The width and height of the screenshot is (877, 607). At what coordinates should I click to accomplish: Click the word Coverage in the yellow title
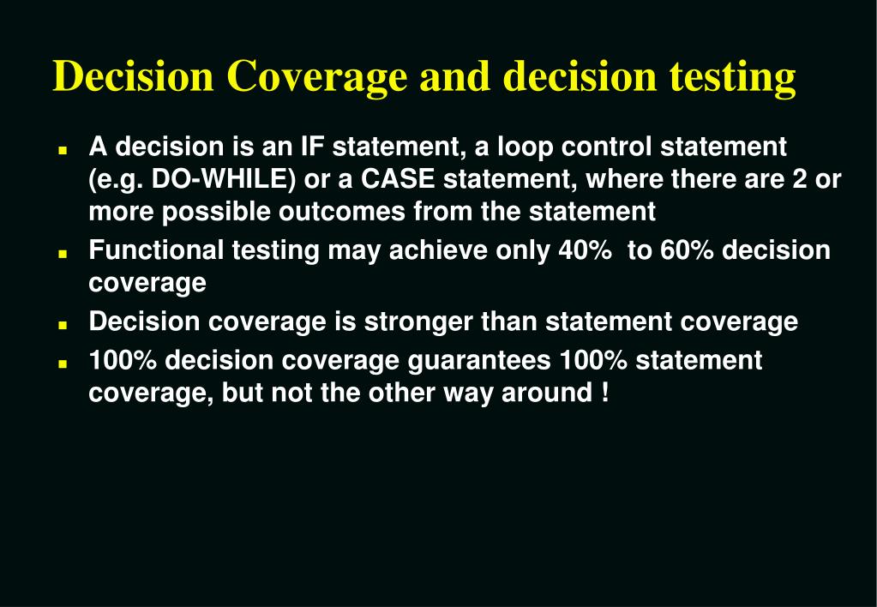pos(317,77)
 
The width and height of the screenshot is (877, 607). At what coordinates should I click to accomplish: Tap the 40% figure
pos(580,250)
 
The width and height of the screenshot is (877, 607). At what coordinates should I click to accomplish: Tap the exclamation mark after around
pos(606,393)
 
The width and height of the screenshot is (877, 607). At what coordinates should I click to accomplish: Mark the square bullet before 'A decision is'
pos(63,149)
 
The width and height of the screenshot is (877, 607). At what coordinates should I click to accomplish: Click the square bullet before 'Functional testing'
pos(63,253)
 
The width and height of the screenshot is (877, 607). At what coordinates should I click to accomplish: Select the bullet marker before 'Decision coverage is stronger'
pos(63,324)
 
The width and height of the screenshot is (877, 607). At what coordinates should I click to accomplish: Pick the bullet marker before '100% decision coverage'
pos(63,364)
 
